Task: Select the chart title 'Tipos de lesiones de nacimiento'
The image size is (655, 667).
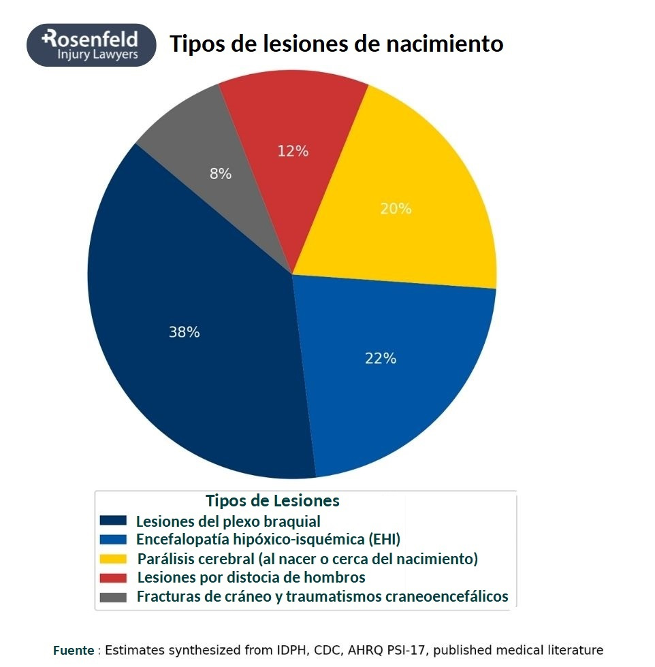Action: [336, 44]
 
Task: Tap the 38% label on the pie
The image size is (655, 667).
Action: [184, 332]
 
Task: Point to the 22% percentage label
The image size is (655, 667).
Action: [381, 358]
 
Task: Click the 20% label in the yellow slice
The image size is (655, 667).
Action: [396, 209]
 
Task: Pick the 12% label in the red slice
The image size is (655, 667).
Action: [293, 151]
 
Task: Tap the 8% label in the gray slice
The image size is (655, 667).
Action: [220, 174]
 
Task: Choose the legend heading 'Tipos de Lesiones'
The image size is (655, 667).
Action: [272, 501]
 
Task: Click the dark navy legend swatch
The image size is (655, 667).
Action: [113, 521]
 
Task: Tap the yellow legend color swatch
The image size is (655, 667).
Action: [113, 559]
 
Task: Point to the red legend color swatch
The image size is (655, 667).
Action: [113, 578]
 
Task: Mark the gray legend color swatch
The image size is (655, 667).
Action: [113, 597]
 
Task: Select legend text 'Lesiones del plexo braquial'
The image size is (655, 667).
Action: [228, 521]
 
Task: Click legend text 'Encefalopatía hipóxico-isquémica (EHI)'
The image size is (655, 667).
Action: [268, 540]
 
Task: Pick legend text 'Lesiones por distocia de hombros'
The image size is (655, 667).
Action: [251, 578]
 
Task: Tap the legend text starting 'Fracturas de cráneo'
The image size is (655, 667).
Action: [323, 597]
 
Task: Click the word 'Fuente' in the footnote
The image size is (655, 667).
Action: [74, 650]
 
